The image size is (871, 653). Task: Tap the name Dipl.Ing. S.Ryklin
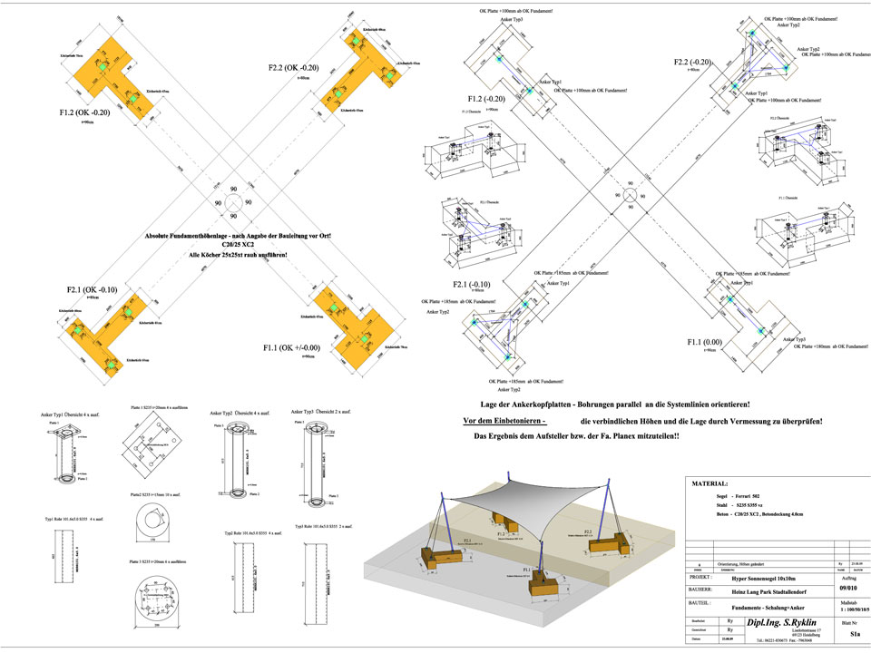coord(780,623)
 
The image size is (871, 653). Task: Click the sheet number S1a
coord(841,637)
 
